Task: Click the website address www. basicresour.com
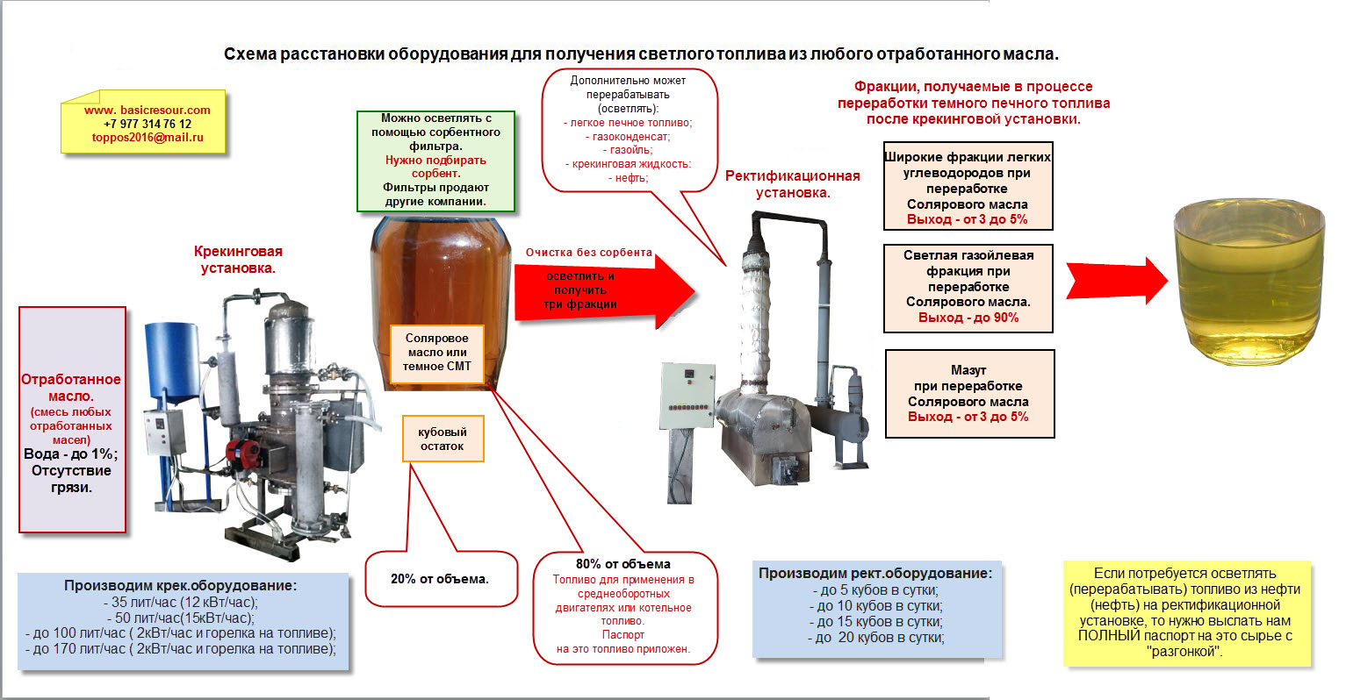click(148, 111)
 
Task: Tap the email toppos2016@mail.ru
click(148, 138)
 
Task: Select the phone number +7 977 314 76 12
click(148, 124)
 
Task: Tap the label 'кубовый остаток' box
click(442, 439)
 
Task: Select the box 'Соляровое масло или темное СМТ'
click(437, 353)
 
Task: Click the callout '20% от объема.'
click(440, 579)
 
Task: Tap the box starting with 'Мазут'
click(968, 394)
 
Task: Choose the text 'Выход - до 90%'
click(968, 318)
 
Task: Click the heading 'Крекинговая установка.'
click(238, 260)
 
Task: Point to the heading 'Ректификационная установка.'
click(792, 184)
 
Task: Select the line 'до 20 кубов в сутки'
click(876, 638)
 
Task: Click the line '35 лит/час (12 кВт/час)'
click(180, 603)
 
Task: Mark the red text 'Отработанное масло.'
click(71, 388)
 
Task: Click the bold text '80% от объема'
click(623, 564)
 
